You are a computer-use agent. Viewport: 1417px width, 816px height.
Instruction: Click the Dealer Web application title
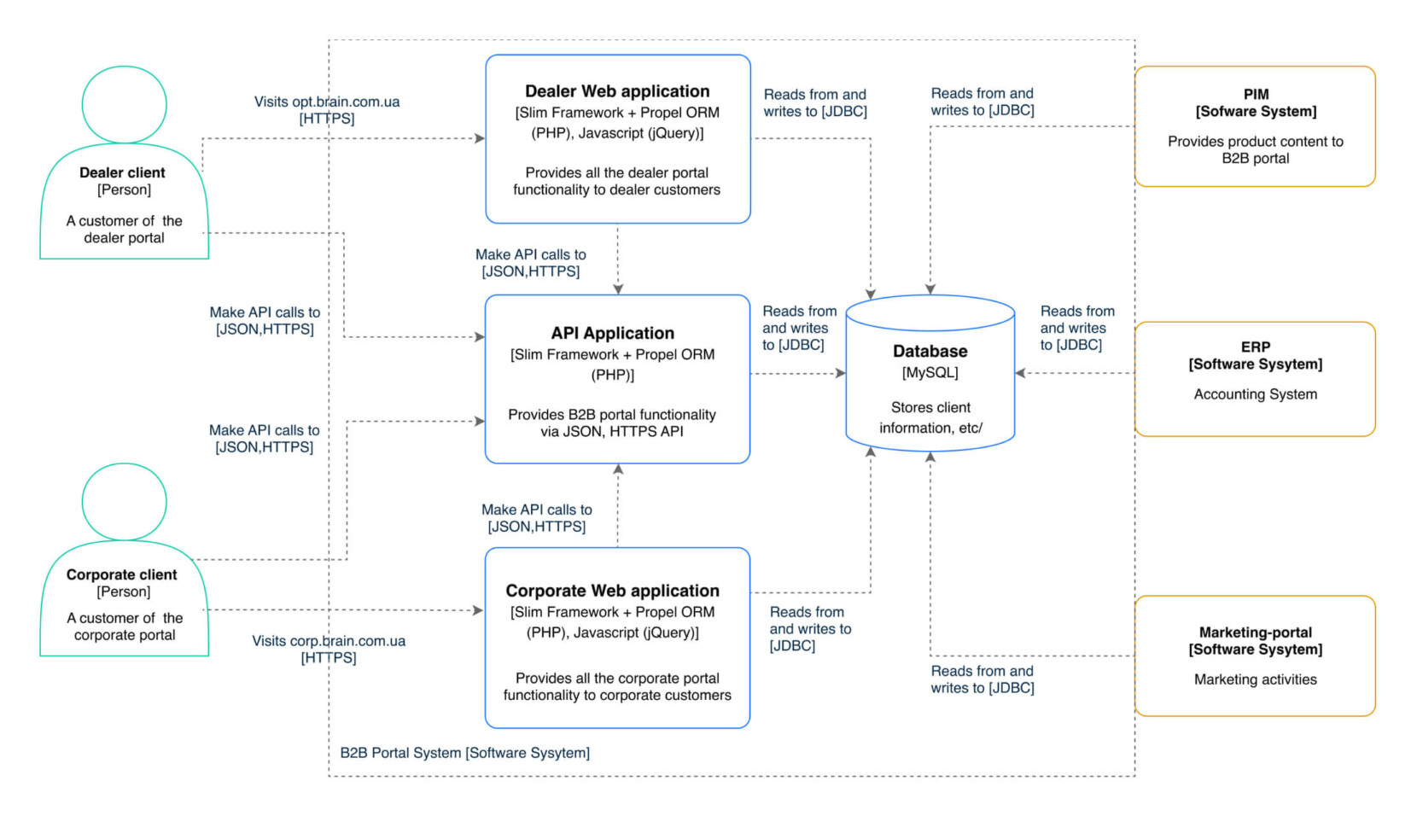(x=617, y=91)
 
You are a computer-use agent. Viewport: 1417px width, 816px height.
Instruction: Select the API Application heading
(x=612, y=333)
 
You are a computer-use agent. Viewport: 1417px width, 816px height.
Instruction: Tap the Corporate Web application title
(x=612, y=591)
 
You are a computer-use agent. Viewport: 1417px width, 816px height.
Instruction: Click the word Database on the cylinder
(x=930, y=351)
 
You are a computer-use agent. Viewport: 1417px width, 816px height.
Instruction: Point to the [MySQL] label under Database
(x=930, y=372)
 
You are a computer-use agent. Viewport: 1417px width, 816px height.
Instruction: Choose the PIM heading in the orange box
(x=1256, y=94)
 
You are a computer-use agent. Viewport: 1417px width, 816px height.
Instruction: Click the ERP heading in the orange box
(x=1255, y=347)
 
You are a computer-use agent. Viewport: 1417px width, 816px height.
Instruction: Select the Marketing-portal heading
(x=1255, y=632)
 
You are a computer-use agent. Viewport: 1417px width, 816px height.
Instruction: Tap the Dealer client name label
(x=122, y=172)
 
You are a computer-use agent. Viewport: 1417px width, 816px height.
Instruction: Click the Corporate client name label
(x=122, y=574)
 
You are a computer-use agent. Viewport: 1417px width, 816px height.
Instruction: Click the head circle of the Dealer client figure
(x=124, y=104)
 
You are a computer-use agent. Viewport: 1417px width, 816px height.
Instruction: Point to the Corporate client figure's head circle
(x=124, y=502)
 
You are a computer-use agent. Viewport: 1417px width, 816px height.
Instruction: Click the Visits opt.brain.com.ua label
(x=327, y=102)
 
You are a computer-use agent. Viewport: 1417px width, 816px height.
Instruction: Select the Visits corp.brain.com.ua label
(x=329, y=641)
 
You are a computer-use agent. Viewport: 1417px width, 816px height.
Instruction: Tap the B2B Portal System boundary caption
(x=464, y=753)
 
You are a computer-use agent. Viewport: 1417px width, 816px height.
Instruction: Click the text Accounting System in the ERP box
(x=1255, y=394)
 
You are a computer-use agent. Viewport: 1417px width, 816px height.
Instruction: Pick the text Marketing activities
(x=1255, y=679)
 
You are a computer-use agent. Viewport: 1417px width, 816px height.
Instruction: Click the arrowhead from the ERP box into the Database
(x=1020, y=373)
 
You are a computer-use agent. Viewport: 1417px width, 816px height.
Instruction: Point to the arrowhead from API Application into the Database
(x=840, y=373)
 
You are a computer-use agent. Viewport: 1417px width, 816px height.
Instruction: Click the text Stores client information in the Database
(x=930, y=417)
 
